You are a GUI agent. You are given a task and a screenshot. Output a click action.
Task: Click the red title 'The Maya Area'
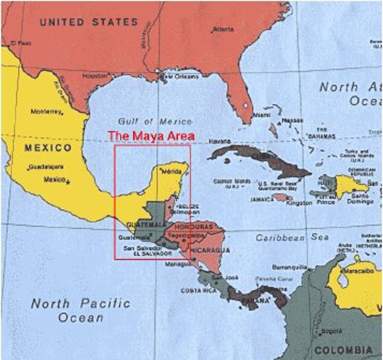coord(151,136)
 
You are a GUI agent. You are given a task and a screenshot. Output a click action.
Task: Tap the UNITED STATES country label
coord(89,22)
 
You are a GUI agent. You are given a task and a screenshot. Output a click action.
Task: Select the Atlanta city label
coord(224,29)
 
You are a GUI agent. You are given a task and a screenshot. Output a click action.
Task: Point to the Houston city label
coord(95,76)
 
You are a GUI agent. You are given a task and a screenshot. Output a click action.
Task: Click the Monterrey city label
coord(46,112)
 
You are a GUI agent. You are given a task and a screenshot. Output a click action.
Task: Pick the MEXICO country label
coord(48,148)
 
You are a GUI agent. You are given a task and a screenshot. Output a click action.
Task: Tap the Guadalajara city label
coord(46,167)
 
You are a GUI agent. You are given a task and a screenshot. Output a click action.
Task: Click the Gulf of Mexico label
coord(155,121)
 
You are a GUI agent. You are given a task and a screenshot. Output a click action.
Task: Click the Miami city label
coord(262,115)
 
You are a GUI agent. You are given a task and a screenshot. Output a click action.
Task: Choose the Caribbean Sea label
coord(292,238)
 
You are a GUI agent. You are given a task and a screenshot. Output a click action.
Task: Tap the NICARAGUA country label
coord(211,250)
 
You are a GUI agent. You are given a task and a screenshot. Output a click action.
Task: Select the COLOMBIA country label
coord(343,350)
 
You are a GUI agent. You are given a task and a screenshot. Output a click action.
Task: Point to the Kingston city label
coord(299,203)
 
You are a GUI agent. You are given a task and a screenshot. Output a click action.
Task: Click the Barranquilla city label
coord(289,267)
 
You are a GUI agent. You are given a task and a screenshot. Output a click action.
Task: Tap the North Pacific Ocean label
coord(81,310)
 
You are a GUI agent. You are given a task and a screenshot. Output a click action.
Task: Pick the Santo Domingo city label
coord(360,199)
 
